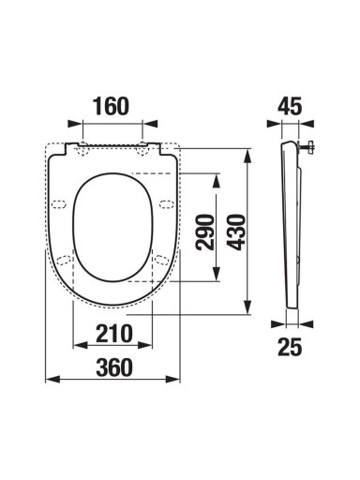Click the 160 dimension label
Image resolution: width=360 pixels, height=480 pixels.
tap(111, 106)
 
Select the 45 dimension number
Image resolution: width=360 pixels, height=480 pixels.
tap(290, 106)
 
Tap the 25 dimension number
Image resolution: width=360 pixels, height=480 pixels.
tap(290, 347)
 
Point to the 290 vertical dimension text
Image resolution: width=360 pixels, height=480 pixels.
tap(205, 232)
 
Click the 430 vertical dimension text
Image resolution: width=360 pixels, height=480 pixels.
tap(236, 232)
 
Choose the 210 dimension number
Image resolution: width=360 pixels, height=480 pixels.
tap(114, 334)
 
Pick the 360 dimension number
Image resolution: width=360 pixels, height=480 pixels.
tap(114, 367)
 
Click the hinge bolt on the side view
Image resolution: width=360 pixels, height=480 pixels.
tap(307, 146)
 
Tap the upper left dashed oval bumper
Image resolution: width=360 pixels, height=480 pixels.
tap(59, 204)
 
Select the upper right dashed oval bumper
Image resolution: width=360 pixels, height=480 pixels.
tap(167, 204)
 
